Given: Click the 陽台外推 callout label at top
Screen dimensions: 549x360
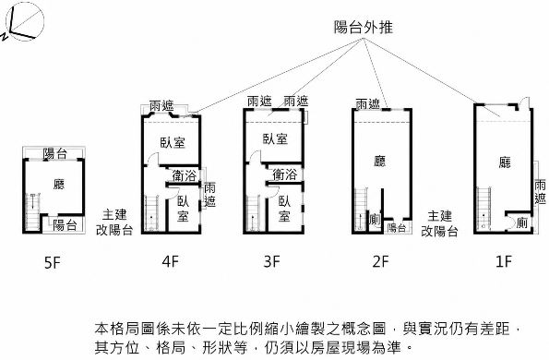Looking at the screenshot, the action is [x=364, y=28].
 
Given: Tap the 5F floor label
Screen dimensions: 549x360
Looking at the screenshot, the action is [x=53, y=262].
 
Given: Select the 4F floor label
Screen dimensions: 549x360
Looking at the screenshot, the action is [x=171, y=261].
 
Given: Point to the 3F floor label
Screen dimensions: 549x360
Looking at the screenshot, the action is [x=271, y=261].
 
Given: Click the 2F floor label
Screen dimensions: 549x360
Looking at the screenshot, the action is [x=380, y=261].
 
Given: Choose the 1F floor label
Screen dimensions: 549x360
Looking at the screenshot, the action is [x=504, y=261].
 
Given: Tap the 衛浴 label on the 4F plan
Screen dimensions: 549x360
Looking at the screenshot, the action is [x=185, y=175].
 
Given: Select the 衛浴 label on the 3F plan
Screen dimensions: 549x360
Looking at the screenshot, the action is [x=285, y=174].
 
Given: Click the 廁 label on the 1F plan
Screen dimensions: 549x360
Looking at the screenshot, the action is [x=521, y=222].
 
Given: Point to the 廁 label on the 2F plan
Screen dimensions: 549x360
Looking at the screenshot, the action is [x=375, y=220].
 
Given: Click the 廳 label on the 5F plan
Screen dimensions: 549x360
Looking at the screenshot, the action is [x=59, y=185].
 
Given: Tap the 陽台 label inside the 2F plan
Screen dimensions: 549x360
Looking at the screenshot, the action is [x=397, y=228].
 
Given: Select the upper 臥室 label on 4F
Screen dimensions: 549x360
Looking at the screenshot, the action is [x=173, y=142].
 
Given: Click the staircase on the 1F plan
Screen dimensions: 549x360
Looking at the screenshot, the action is [x=483, y=209].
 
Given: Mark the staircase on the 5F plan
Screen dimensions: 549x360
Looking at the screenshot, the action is [x=33, y=211].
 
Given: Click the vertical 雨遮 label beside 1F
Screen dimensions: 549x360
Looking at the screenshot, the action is [x=540, y=192].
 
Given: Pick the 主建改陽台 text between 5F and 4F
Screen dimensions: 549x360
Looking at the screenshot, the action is [x=114, y=222].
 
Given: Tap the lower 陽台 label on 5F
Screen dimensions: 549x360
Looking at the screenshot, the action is [x=66, y=225].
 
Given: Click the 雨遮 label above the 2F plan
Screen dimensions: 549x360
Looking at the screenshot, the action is [x=367, y=104].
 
